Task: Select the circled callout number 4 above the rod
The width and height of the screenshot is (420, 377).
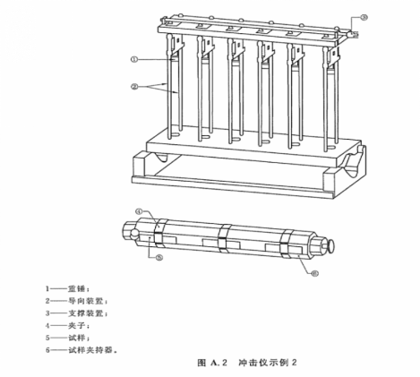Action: click(x=141, y=212)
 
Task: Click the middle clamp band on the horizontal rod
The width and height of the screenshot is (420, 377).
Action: click(x=224, y=239)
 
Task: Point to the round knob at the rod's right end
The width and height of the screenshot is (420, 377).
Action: click(x=334, y=244)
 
